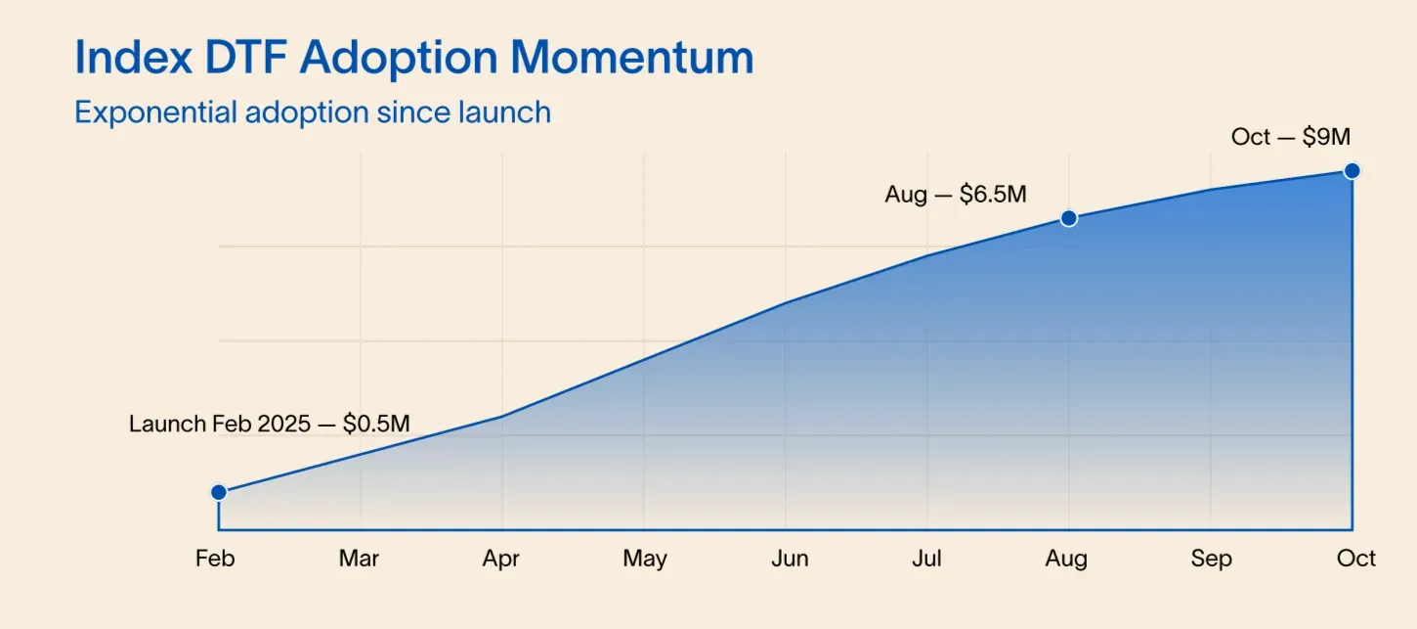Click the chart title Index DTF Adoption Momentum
[414, 58]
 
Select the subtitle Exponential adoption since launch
[313, 112]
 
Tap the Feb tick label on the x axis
[215, 559]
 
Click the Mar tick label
[359, 559]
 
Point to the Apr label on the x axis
[500, 560]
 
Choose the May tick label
[644, 560]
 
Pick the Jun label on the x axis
[789, 559]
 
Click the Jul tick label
[926, 559]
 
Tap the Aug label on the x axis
[1066, 560]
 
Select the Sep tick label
[1211, 560]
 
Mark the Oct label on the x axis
[1355, 559]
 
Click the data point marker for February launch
[219, 492]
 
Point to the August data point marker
[1069, 218]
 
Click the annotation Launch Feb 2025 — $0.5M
[269, 425]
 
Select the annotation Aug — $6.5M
[955, 195]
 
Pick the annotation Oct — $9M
[1290, 137]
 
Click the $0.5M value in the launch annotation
[376, 425]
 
